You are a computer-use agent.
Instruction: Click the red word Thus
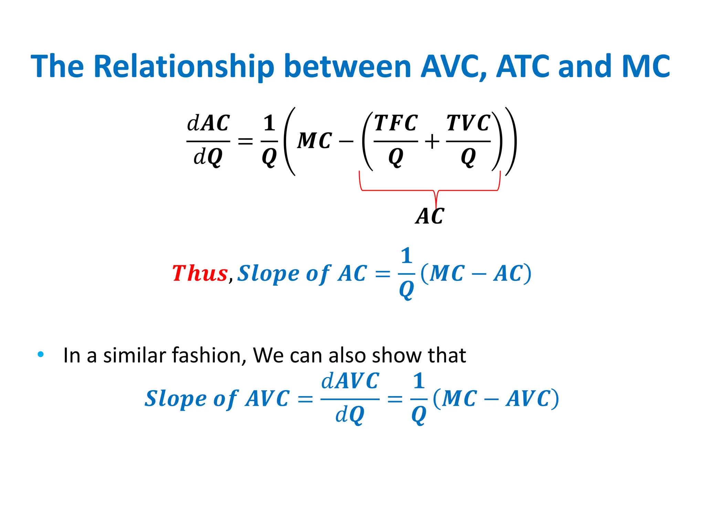click(x=200, y=274)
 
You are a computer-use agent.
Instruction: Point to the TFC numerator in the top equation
click(x=396, y=123)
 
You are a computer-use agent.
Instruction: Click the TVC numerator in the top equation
click(x=468, y=123)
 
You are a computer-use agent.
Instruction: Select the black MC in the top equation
click(x=314, y=141)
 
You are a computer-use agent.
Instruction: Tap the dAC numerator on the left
click(x=208, y=123)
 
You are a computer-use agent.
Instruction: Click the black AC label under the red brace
click(x=430, y=216)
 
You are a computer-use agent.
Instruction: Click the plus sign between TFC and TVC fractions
click(x=432, y=142)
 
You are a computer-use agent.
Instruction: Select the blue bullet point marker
click(x=41, y=354)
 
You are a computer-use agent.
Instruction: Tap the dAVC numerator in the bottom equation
click(x=350, y=381)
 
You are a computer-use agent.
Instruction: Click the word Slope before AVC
click(x=175, y=399)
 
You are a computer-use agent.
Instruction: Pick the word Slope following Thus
click(x=268, y=274)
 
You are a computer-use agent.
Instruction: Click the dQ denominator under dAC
click(x=208, y=157)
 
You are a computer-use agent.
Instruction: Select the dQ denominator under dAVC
click(x=350, y=415)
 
